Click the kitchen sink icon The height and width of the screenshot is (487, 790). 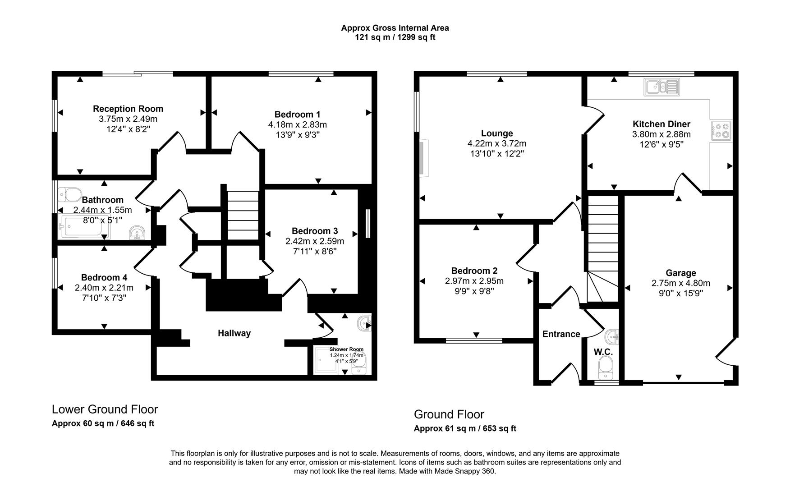[x=661, y=87]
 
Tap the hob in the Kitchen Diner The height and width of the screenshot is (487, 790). [x=721, y=131]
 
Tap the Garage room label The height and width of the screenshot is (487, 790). [x=680, y=273]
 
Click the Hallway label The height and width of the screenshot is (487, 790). [x=234, y=333]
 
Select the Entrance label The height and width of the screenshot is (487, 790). [x=561, y=334]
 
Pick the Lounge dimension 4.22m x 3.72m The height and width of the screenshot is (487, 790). [x=496, y=144]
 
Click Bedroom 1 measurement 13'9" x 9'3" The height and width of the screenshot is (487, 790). [x=297, y=135]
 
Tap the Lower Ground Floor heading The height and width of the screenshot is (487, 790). [x=105, y=409]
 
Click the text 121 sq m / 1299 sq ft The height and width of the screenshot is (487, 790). [x=395, y=37]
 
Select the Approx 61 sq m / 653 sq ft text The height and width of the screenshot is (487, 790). [x=465, y=428]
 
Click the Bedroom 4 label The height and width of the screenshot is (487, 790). [x=104, y=278]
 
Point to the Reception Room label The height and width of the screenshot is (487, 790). [x=128, y=109]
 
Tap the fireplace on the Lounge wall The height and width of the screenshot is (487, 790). [x=424, y=157]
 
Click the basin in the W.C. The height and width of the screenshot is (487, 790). [x=612, y=336]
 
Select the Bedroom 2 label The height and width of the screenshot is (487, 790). [x=474, y=271]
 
